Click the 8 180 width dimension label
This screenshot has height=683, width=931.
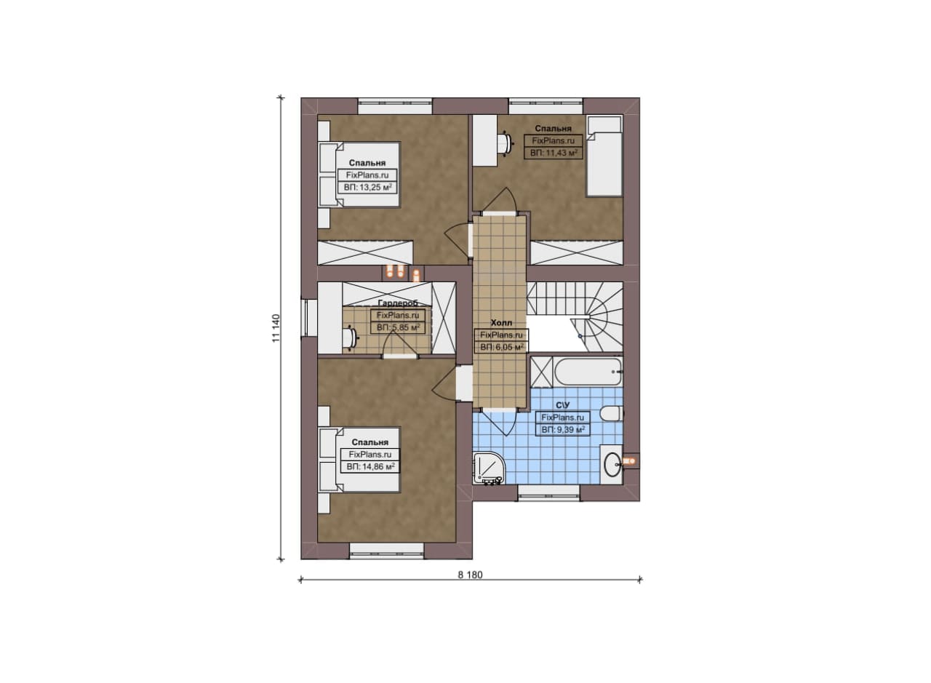pyautogui.click(x=470, y=575)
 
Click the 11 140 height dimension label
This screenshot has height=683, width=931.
pyautogui.click(x=277, y=328)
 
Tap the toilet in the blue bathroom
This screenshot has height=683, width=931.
pyautogui.click(x=612, y=414)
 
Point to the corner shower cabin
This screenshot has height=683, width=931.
pyautogui.click(x=489, y=468)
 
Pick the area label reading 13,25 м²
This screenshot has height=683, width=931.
pyautogui.click(x=367, y=188)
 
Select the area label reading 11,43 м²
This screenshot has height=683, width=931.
pyautogui.click(x=554, y=153)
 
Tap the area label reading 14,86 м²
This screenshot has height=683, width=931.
pyautogui.click(x=370, y=467)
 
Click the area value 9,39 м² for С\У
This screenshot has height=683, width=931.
pyautogui.click(x=563, y=430)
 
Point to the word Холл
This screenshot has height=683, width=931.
pyautogui.click(x=501, y=322)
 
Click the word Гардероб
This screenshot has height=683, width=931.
pyautogui.click(x=398, y=303)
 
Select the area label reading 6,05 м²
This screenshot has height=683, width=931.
pyautogui.click(x=502, y=347)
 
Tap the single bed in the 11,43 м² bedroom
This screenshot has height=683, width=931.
pyautogui.click(x=604, y=156)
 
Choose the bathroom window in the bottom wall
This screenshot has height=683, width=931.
pyautogui.click(x=548, y=493)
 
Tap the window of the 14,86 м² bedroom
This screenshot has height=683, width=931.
pyautogui.click(x=386, y=551)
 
